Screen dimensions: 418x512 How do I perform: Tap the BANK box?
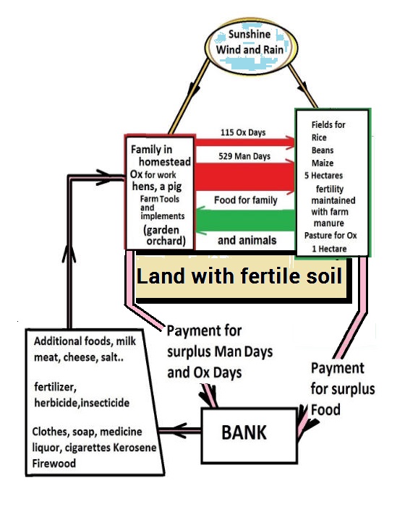pos(249,435)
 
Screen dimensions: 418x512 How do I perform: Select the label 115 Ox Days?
pos(243,132)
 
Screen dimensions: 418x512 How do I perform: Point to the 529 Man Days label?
pos(244,156)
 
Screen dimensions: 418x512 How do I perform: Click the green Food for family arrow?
pos(246,221)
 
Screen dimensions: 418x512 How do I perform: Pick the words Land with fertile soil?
pos(239,276)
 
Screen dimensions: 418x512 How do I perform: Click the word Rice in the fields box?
pos(319,137)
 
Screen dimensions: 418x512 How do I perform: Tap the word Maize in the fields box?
pos(323,163)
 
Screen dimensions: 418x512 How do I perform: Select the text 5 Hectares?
pos(323,175)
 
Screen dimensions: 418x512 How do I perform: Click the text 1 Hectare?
pos(329,249)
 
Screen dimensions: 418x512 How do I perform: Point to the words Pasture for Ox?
pos(330,235)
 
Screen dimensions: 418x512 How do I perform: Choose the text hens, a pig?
pos(157,187)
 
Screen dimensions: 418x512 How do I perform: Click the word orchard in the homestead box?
pos(166,241)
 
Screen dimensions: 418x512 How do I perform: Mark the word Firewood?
pos(54,463)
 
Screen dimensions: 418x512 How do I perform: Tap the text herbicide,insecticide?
pos(82,403)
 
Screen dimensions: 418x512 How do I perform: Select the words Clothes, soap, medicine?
pos(88,432)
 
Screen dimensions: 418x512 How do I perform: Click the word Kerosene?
pos(135,447)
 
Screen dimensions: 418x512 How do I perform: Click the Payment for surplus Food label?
pos(343,388)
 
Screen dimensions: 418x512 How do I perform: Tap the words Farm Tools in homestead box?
pos(160,199)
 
